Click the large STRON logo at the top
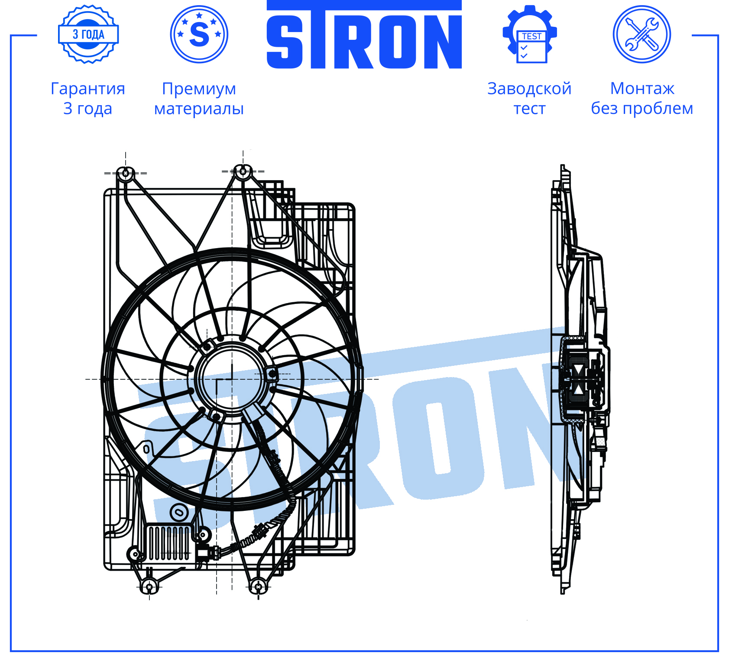[364, 35]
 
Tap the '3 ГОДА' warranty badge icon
[88, 34]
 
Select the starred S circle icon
[199, 34]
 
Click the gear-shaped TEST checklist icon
[530, 34]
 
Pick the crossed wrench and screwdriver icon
[642, 34]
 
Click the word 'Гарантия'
[88, 89]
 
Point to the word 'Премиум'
[199, 89]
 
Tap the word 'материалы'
[199, 109]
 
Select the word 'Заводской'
[529, 89]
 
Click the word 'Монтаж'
[642, 89]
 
